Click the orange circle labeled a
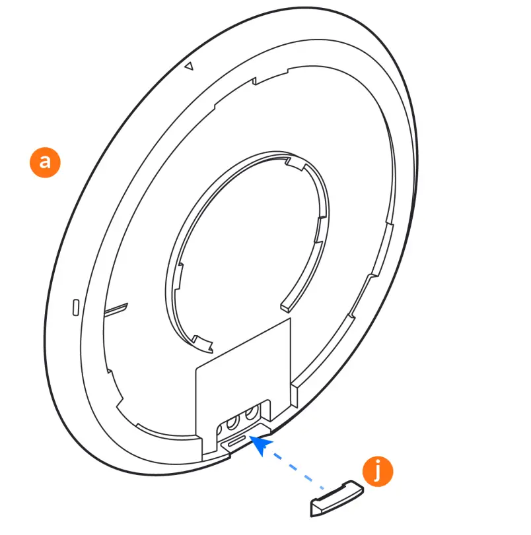tap(45, 162)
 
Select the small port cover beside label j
tap(336, 498)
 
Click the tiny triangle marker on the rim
tap(188, 66)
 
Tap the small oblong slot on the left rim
tap(75, 307)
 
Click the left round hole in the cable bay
tap(233, 420)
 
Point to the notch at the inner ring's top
tap(291, 160)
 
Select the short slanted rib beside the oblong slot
tap(116, 307)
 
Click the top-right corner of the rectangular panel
tap(290, 320)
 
